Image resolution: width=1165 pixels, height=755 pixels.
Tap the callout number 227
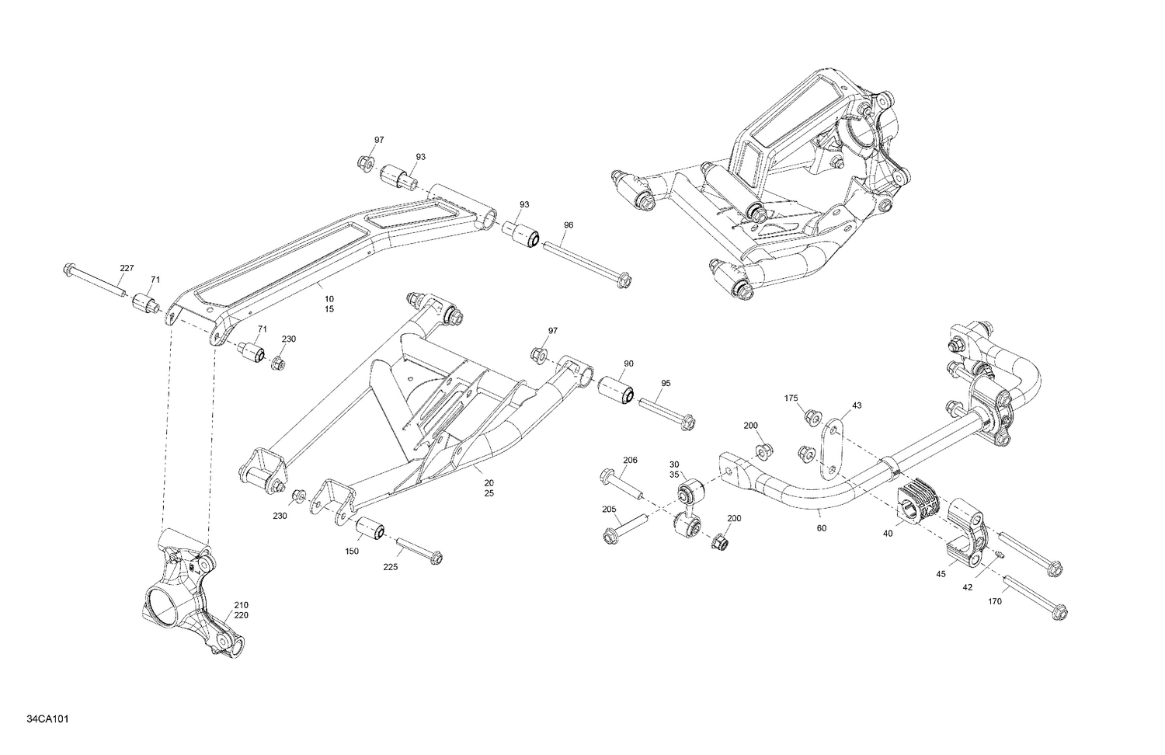[x=127, y=268]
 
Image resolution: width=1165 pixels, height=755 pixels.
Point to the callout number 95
[x=666, y=383]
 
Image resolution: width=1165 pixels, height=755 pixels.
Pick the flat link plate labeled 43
[x=831, y=447]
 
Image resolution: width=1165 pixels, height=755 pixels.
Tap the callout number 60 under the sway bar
[x=822, y=528]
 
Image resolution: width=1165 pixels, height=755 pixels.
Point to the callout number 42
[x=967, y=587]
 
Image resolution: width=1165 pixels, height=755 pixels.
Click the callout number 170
[x=996, y=600]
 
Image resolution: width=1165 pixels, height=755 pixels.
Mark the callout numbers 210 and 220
[x=241, y=610]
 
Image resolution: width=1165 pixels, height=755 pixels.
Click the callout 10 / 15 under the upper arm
[x=329, y=304]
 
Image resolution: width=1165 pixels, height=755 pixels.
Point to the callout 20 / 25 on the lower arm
[x=489, y=488]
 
